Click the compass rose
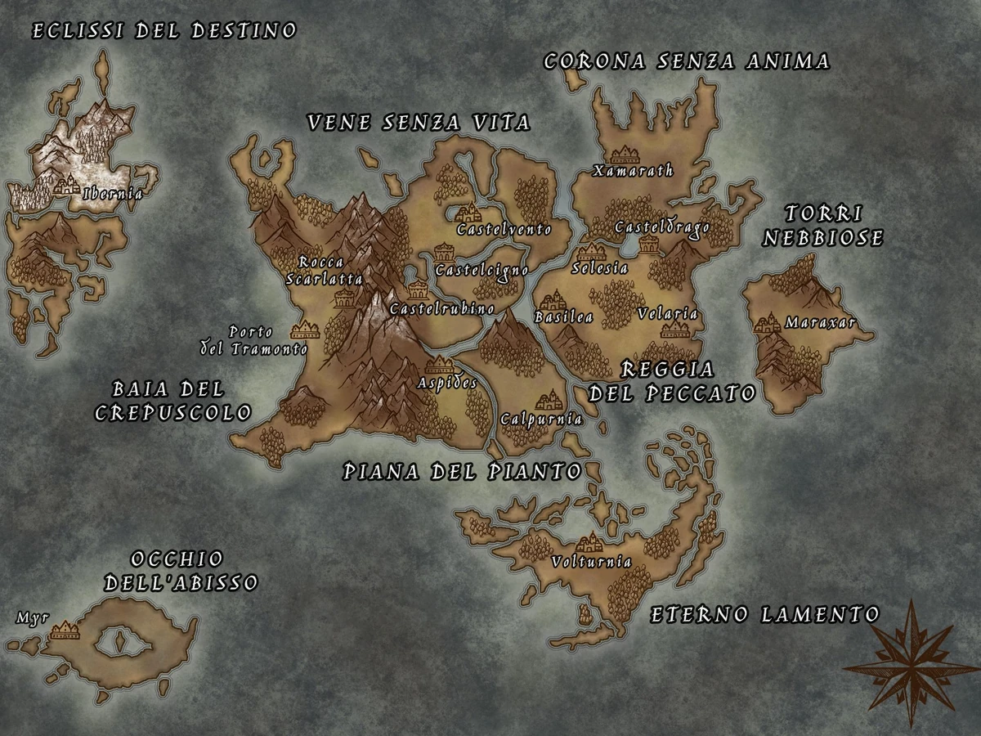[x=910, y=662]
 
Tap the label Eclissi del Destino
[x=163, y=32]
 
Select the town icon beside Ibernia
[x=66, y=186]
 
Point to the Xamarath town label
[x=634, y=170]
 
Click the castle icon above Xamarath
[x=625, y=154]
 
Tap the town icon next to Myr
[x=64, y=630]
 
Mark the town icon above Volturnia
[x=589, y=542]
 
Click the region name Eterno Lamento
[x=764, y=614]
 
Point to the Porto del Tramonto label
[x=254, y=340]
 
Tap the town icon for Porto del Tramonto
[x=305, y=330]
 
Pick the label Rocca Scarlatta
[x=324, y=271]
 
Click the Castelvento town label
[x=504, y=229]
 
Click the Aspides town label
[x=447, y=383]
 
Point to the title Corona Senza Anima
[x=686, y=61]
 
